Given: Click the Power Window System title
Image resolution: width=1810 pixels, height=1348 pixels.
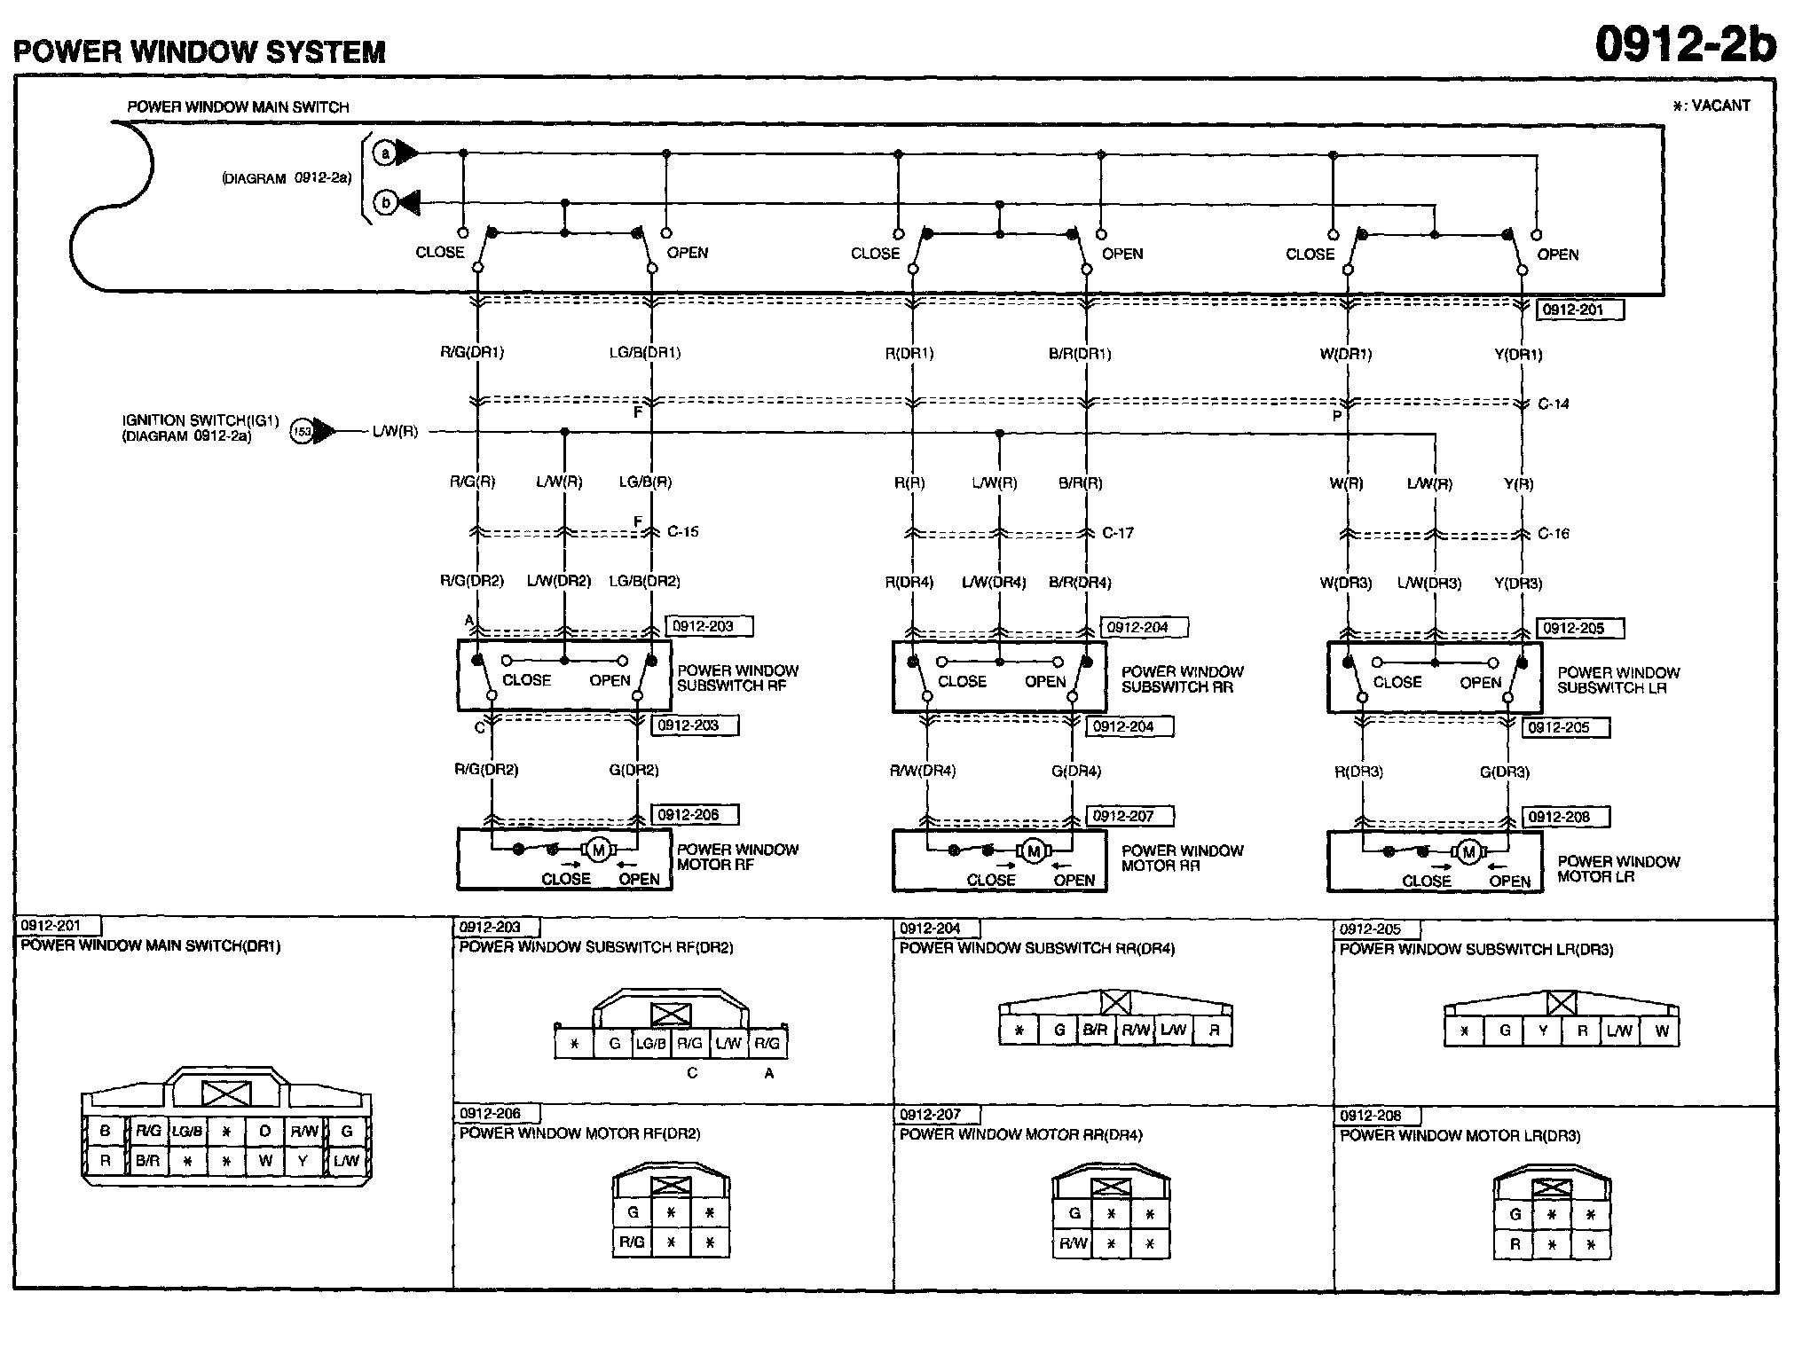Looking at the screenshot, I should click(x=200, y=51).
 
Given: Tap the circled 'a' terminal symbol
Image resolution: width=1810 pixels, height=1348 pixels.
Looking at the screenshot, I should click(x=385, y=153).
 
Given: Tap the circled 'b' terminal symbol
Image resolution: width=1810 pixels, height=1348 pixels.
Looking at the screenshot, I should click(x=385, y=203).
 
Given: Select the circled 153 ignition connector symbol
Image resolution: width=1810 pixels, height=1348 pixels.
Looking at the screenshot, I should click(x=303, y=432).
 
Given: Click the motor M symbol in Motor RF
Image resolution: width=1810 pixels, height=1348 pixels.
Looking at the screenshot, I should click(x=598, y=850).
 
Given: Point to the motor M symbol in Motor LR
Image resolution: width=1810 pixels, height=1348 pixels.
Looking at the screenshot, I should click(x=1468, y=852).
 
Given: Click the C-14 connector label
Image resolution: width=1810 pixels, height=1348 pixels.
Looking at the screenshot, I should click(x=1553, y=404).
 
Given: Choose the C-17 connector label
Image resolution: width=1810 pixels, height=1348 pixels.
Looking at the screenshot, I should click(x=1118, y=533).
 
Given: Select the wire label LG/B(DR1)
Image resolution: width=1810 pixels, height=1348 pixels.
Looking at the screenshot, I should click(x=644, y=353).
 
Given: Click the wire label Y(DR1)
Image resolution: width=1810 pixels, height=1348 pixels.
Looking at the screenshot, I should click(x=1518, y=355).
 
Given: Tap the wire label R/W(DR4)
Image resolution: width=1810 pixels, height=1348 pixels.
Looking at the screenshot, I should click(x=923, y=771).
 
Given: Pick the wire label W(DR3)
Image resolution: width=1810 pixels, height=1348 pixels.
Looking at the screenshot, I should click(x=1345, y=584).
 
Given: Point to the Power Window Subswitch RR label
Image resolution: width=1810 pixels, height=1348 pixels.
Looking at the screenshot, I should click(x=1182, y=679).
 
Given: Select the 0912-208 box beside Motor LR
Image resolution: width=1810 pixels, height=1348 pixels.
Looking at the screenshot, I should click(x=1567, y=817).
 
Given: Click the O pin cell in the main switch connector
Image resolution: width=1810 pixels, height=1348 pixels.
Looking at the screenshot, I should click(x=264, y=1131).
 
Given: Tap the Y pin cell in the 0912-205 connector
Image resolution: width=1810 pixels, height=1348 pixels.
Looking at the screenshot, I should click(x=1543, y=1031).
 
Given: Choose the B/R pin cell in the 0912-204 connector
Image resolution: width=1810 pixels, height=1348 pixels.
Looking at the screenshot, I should click(x=1096, y=1030).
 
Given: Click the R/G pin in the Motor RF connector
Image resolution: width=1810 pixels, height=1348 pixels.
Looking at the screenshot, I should click(x=632, y=1242).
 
